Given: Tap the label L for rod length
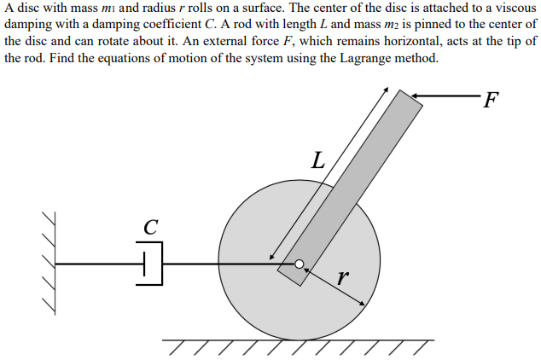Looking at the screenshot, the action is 318,160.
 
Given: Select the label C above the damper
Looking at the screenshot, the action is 150,228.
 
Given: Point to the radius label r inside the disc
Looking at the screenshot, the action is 342,276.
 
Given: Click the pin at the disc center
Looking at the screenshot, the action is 300,264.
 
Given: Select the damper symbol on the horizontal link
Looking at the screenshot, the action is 151,264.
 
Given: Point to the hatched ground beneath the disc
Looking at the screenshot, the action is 299,346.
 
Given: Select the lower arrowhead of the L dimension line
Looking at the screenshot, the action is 272,257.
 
